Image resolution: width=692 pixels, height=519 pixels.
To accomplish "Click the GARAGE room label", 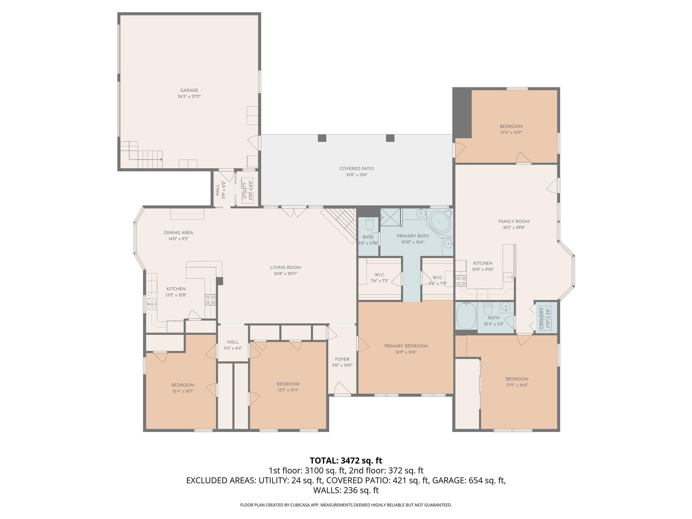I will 189,90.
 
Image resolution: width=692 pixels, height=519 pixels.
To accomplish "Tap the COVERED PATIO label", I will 356,169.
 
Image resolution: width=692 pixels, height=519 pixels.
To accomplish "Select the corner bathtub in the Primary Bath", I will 439,223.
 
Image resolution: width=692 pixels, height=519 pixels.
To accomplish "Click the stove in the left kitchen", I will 211,299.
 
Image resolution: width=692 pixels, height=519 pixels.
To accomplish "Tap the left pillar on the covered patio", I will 322,138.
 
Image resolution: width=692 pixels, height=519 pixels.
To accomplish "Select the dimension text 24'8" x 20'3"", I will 285,274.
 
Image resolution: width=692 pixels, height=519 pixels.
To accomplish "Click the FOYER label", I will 342,359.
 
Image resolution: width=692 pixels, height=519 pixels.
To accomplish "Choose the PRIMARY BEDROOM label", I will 405,346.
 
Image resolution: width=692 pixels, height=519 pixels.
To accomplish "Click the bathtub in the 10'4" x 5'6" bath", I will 466,316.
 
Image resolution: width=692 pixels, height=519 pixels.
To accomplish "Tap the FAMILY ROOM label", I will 514,222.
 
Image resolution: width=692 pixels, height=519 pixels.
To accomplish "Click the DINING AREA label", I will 178,232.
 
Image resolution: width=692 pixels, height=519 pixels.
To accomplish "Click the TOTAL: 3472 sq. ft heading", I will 346,461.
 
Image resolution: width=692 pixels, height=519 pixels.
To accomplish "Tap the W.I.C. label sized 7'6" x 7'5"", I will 379,275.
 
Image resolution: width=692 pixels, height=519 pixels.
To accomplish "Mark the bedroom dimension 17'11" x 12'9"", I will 511,133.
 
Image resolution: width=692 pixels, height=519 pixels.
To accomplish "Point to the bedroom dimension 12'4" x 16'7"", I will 182,391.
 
